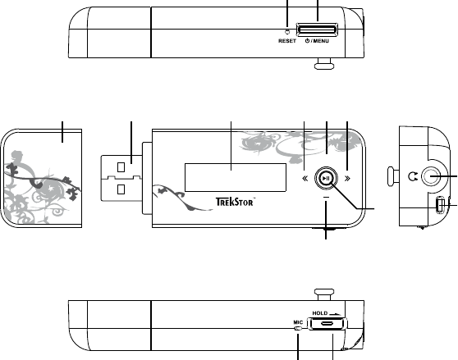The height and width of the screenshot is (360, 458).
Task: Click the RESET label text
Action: (287, 41)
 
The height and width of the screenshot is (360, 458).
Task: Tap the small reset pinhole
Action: (287, 31)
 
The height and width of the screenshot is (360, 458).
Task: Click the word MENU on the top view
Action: (321, 41)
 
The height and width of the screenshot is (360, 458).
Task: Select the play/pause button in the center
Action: (327, 178)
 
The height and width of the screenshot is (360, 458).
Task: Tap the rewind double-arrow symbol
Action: (305, 178)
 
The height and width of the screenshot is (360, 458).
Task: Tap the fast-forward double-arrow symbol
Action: (347, 178)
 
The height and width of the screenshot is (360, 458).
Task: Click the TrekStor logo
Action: (236, 202)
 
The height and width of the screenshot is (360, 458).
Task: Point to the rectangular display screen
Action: (236, 177)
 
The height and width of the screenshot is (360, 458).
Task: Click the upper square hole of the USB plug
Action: (121, 167)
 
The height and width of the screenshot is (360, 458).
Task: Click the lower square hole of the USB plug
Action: (121, 189)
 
